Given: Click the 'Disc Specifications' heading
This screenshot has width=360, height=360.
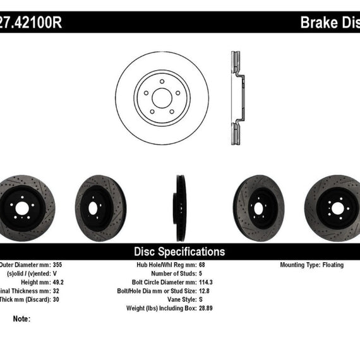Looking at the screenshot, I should click(179, 251).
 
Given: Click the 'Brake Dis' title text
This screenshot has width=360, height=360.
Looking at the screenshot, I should click(328, 23).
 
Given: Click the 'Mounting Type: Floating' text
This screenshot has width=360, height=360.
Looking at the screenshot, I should click(312, 265).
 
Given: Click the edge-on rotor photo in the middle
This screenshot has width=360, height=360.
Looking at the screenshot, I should click(179, 207).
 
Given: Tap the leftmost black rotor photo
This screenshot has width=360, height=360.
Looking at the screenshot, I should click(25, 207).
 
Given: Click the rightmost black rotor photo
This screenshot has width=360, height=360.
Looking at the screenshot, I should click(335, 207).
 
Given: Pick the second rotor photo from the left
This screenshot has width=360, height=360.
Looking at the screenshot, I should click(99, 207).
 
